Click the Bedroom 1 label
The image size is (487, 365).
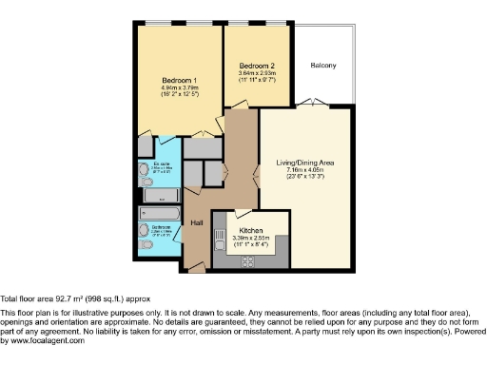pos(179,79)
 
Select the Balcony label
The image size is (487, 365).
pos(323,66)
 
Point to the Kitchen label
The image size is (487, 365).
pos(251,231)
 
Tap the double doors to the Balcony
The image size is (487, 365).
pos(304,103)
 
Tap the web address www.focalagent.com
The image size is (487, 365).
pos(42,340)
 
